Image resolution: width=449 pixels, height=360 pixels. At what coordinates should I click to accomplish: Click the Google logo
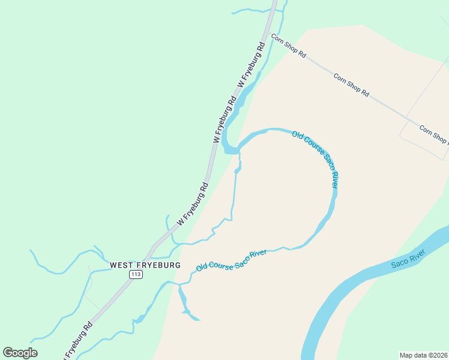pos(20,353)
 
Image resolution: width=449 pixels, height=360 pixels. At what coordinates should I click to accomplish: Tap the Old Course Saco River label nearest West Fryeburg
pos(231,260)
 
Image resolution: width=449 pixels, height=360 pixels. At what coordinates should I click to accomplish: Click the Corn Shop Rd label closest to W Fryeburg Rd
pos(289,46)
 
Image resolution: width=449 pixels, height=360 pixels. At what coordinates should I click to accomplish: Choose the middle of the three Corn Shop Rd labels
pos(351,85)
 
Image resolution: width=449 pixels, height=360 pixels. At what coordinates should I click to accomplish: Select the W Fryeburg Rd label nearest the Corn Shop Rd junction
pos(252,64)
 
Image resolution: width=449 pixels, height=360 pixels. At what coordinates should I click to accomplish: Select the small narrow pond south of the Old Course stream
pos(182,300)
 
